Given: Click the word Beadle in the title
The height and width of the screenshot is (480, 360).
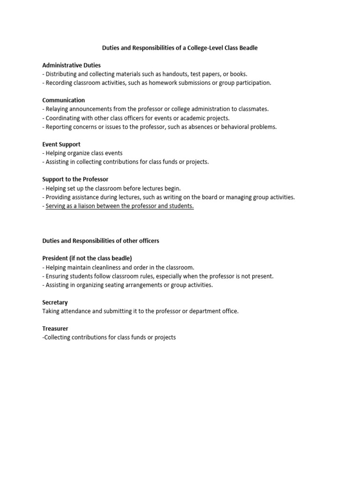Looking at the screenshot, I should (248, 48).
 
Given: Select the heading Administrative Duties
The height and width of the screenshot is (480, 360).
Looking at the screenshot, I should (71, 65).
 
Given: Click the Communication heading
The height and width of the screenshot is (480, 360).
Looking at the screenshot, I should (64, 100).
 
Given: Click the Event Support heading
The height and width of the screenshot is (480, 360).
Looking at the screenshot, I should (61, 144).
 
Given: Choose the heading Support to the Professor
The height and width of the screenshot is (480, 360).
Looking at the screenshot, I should (75, 180).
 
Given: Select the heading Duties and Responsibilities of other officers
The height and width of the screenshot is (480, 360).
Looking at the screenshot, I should (101, 241).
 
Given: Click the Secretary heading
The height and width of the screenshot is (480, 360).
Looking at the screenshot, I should (55, 302).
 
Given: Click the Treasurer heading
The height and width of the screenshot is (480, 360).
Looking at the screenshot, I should (55, 329).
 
